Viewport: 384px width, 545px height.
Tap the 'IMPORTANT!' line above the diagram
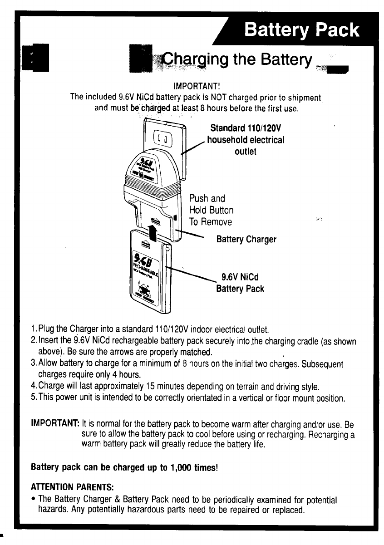pyautogui.click(x=197, y=86)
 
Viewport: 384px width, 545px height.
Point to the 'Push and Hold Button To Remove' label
pyautogui.click(x=212, y=211)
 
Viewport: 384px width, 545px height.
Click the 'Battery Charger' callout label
pyautogui.click(x=246, y=239)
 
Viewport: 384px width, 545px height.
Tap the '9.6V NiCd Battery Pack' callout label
pyautogui.click(x=240, y=282)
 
